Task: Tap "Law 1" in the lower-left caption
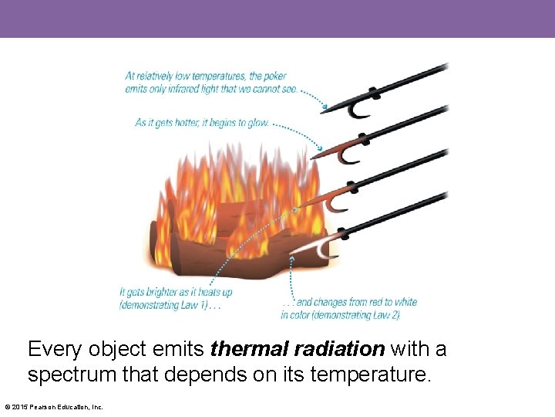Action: tap(193, 304)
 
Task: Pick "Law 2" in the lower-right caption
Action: tap(385, 314)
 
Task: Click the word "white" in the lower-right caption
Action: tap(405, 303)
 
